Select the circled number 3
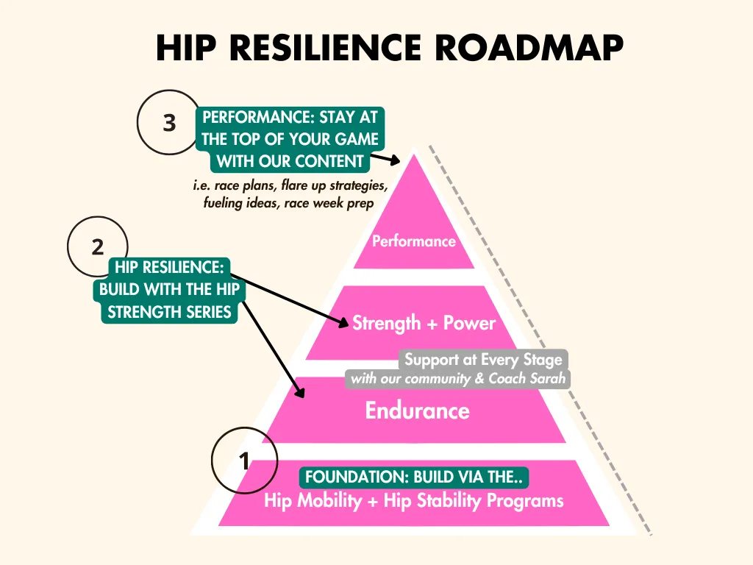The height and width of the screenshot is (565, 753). point(169,123)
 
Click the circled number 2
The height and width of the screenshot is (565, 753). point(98,247)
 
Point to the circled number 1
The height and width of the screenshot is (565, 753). point(244,461)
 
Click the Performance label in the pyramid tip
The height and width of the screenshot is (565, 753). point(414,241)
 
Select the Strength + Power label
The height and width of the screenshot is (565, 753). point(424,323)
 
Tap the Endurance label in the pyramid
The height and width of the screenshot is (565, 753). point(418,411)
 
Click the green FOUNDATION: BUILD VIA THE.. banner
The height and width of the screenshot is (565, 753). point(414,477)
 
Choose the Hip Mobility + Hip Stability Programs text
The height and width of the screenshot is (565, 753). point(414,500)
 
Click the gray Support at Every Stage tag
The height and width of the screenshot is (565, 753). point(483,359)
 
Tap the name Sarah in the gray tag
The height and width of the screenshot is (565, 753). point(547,379)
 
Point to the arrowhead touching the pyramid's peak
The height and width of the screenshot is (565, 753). point(395,160)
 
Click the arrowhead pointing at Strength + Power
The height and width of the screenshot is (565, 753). point(343,322)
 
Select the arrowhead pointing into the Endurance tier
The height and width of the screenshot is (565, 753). point(300,392)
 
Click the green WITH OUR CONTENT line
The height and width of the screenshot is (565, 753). point(290,161)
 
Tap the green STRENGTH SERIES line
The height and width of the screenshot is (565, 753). point(170,312)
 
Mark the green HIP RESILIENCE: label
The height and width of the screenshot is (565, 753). point(169,267)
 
